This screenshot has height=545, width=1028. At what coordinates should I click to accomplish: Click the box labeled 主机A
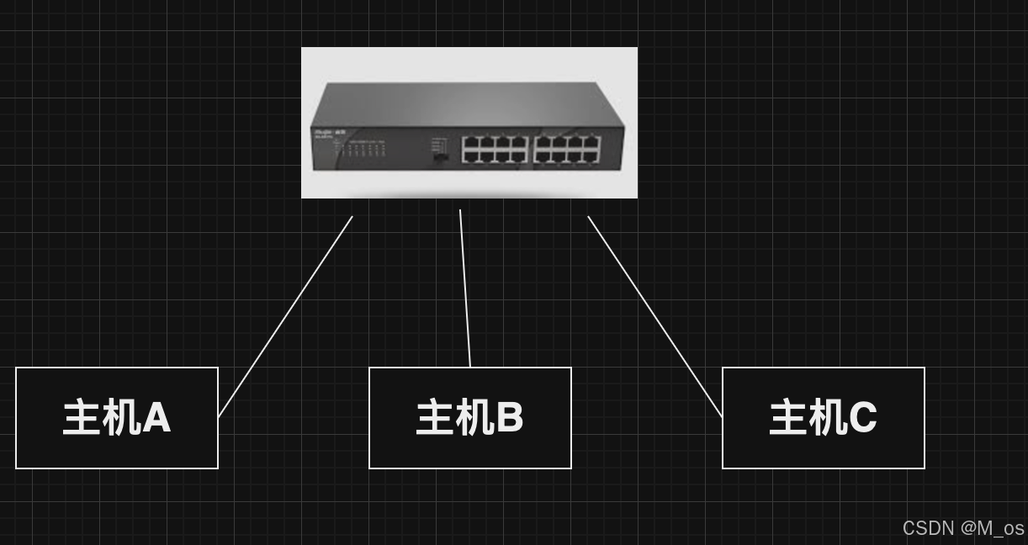pyautogui.click(x=117, y=418)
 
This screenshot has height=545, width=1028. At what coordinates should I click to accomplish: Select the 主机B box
pyautogui.click(x=470, y=418)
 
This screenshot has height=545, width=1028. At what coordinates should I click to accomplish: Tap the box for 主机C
pyautogui.click(x=824, y=418)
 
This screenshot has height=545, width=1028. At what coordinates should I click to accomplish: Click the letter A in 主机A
pyautogui.click(x=156, y=418)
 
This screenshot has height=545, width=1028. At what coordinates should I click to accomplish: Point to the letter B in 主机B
pyautogui.click(x=510, y=418)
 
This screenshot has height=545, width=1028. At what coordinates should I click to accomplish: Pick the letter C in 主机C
pyautogui.click(x=863, y=418)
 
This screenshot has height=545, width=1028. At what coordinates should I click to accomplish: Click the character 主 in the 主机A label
pyautogui.click(x=82, y=418)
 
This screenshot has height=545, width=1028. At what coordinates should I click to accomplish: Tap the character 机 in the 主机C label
pyautogui.click(x=827, y=418)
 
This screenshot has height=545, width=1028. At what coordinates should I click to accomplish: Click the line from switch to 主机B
pyautogui.click(x=465, y=288)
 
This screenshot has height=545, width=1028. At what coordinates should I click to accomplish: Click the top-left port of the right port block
pyautogui.click(x=543, y=142)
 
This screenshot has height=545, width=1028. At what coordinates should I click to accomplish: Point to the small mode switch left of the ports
pyautogui.click(x=439, y=156)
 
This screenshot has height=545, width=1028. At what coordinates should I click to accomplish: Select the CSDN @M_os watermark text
pyautogui.click(x=963, y=528)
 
